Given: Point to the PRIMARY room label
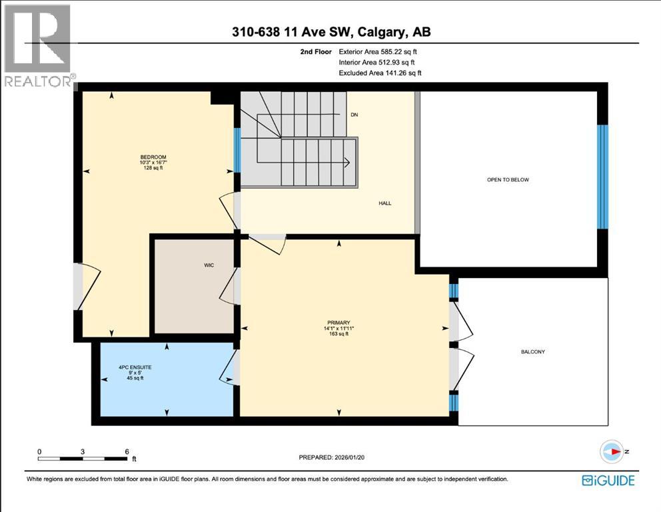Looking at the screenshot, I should (x=339, y=322).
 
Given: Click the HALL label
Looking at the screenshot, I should (x=384, y=203).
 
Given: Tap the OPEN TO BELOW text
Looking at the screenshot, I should (x=509, y=180).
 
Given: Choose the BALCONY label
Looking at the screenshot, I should (x=533, y=351).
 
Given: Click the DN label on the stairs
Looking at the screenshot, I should (x=354, y=115).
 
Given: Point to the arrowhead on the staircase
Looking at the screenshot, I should (x=347, y=161).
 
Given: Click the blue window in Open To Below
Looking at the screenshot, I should (x=602, y=177).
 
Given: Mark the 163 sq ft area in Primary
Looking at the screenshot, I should (x=339, y=334).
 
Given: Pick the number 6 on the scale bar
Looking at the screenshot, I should (x=127, y=451).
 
